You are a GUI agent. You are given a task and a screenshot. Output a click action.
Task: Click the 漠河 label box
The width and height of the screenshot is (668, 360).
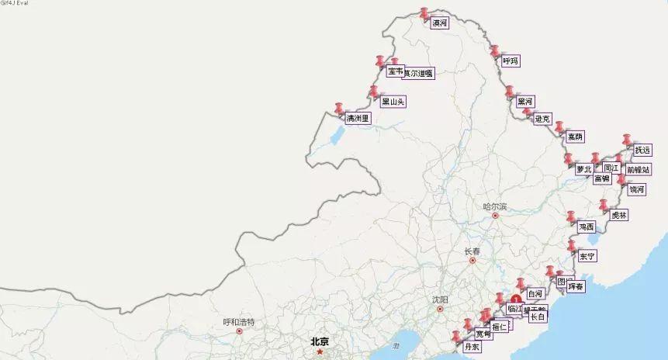point(439,23)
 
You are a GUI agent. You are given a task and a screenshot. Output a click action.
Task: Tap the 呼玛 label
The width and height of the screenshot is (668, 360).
point(509,61)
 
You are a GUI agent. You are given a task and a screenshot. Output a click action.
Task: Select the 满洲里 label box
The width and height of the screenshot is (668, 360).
point(358,119)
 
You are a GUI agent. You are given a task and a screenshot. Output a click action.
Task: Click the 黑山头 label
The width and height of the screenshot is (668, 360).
point(393,101)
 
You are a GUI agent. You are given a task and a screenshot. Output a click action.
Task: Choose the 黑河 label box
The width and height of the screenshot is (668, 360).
point(525,101)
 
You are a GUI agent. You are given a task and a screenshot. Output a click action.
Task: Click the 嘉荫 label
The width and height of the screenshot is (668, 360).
point(574,137)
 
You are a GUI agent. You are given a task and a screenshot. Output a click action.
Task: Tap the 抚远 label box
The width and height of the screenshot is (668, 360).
point(642,150)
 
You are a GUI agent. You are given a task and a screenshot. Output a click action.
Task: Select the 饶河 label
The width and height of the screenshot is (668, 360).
point(636,189)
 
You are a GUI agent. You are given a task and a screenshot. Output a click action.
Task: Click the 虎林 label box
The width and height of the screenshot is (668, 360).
point(618,215)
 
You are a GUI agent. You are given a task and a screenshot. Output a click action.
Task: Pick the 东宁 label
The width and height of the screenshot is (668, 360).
point(587,256)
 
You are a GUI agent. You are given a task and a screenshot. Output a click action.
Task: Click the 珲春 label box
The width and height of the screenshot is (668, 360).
point(576,286)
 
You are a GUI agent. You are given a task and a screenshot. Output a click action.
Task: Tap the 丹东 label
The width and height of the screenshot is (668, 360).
point(472,347)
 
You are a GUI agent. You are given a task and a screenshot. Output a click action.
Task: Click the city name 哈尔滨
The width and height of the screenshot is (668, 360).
point(494,206)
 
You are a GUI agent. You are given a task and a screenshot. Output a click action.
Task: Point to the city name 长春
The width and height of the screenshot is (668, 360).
point(472,251)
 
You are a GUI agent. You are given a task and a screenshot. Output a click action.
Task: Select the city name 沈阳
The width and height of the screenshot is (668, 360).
point(441,299)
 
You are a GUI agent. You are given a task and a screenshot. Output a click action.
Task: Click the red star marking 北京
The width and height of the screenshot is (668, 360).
point(320,351)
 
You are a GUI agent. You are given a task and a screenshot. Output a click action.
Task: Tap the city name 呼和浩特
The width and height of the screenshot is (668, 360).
point(239,321)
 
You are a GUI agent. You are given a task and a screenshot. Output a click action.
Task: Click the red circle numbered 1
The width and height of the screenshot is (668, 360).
point(516,298)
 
